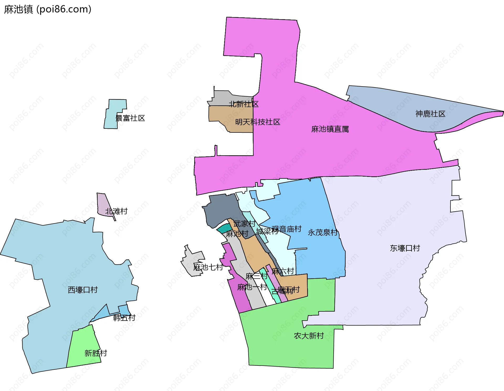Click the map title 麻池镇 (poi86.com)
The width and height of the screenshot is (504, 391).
coord(48,9)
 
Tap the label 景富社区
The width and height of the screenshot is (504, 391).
coord(130,118)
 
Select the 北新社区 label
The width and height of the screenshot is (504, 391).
coord(244,104)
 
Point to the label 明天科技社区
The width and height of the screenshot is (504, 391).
coord(258,122)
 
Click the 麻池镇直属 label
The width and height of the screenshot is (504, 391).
coord(330,129)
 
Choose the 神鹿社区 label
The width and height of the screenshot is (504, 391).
coord(430,114)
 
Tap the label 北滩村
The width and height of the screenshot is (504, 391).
coord(116,211)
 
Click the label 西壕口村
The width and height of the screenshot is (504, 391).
coord(83,290)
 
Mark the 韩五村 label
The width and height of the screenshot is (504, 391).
coord(124,318)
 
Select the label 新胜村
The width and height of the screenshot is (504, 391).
coord(96,353)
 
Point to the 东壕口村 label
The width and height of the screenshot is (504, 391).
coord(405,248)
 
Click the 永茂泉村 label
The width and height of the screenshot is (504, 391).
coord(323,233)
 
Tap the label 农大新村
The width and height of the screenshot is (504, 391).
coord(309,336)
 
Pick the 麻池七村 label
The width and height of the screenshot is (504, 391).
coord(208,267)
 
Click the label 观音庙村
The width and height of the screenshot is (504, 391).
coord(286,229)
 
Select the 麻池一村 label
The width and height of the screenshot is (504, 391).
coord(252,287)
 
